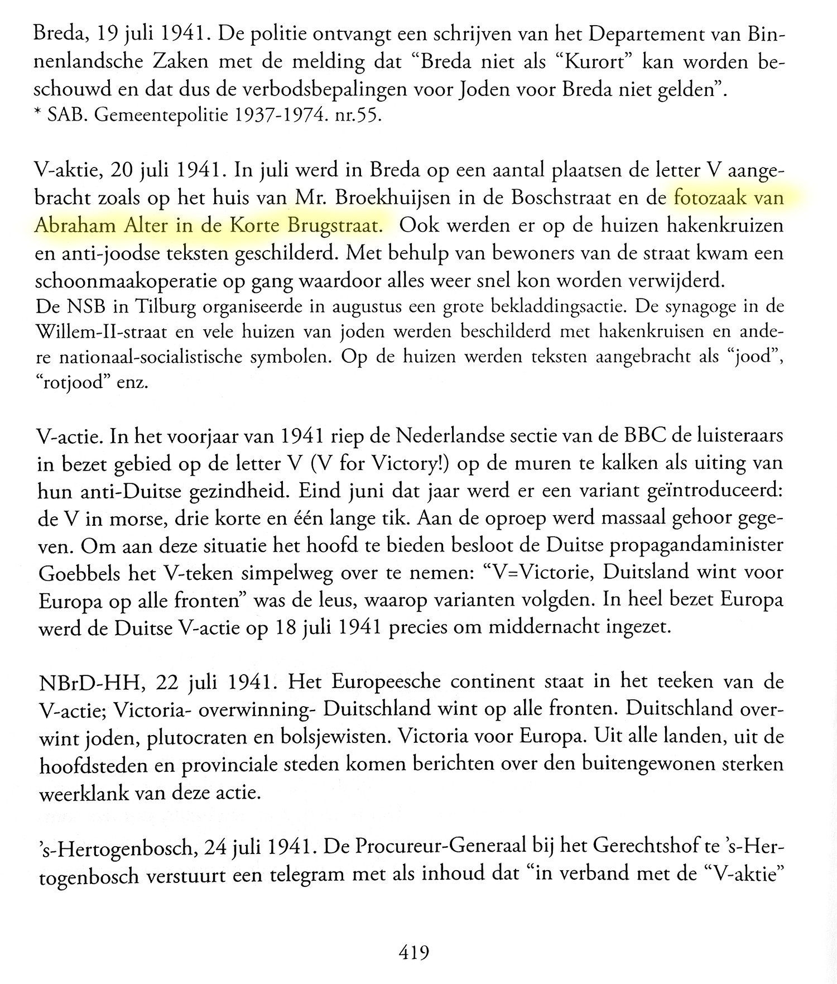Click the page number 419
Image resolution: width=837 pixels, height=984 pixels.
pyautogui.click(x=413, y=952)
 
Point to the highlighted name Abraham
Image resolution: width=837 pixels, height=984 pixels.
pyautogui.click(x=75, y=226)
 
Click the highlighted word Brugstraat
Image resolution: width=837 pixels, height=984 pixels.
pyautogui.click(x=335, y=226)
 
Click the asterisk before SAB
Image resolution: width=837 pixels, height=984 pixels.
pyautogui.click(x=38, y=116)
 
